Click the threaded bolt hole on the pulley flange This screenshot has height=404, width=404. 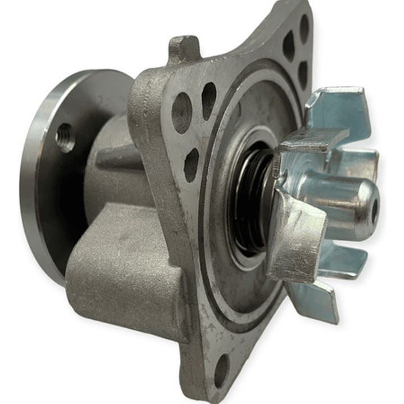(x=65, y=137)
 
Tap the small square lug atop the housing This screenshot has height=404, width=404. (x=183, y=49)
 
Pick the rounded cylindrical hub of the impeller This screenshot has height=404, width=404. (x=337, y=202)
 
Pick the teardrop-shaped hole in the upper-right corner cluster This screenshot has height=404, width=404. (x=288, y=45)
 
